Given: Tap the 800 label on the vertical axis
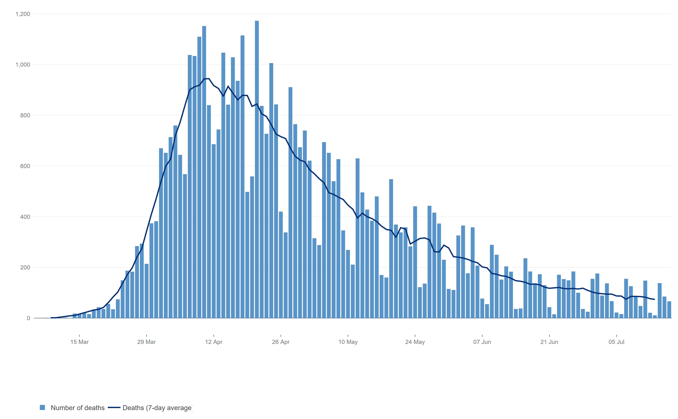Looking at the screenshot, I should (x=25, y=115).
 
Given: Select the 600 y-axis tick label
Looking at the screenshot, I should (x=25, y=166).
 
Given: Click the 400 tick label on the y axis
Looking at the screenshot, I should (x=25, y=217).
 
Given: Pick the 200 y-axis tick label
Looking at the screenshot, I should (x=25, y=267).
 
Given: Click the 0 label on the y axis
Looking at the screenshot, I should (x=28, y=318).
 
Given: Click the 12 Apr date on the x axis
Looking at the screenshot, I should (x=214, y=342).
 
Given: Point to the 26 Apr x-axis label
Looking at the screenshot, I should (x=281, y=342).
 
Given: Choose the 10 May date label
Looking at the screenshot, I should (x=348, y=342).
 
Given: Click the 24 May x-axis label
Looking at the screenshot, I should (x=415, y=342).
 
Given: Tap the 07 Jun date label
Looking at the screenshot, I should (x=482, y=342).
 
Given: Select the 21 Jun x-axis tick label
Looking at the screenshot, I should (x=549, y=342).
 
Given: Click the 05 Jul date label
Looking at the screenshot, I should (x=616, y=342).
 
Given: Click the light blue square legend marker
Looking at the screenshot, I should (x=42, y=407).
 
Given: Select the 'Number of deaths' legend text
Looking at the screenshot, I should (x=78, y=408).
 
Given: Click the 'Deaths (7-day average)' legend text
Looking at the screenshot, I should (x=157, y=408).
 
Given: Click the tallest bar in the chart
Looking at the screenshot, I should (x=257, y=166).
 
